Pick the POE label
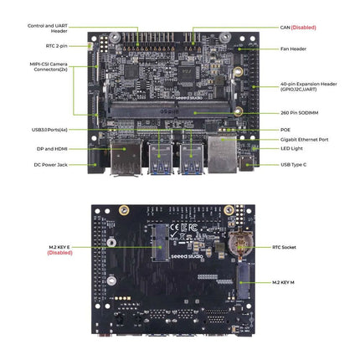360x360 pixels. coord(285,129)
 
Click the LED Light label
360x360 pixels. coord(291,149)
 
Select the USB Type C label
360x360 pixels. coord(296,165)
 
